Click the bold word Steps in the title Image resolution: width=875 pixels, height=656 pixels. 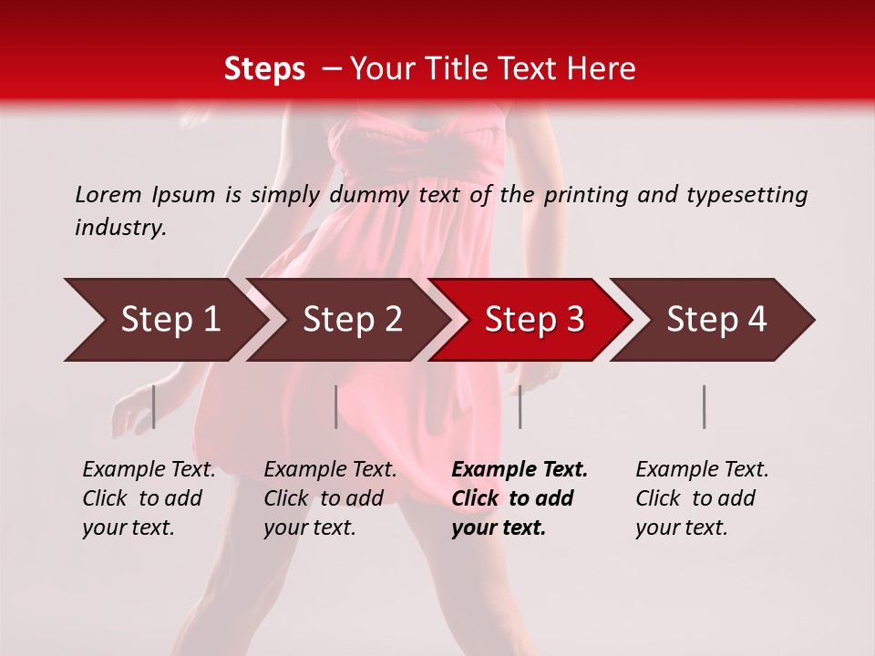click(x=264, y=69)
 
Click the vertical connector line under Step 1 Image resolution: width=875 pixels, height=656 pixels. click(x=154, y=406)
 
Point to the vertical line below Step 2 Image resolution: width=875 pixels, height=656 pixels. click(x=336, y=406)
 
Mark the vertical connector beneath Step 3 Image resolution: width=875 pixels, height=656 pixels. click(x=520, y=406)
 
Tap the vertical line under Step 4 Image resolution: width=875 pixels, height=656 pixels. click(x=705, y=406)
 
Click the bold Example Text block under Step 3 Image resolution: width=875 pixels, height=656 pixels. click(x=520, y=498)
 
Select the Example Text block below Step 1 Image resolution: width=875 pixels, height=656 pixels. click(x=149, y=498)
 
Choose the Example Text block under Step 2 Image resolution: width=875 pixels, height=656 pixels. click(x=330, y=498)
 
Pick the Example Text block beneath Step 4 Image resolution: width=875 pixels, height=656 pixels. click(x=702, y=498)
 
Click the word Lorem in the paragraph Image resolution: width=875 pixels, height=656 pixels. click(x=108, y=194)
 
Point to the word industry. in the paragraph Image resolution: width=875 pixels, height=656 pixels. click(x=120, y=228)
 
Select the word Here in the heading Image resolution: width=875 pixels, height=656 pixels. click(x=605, y=69)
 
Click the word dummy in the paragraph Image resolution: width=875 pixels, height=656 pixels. click(x=369, y=194)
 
